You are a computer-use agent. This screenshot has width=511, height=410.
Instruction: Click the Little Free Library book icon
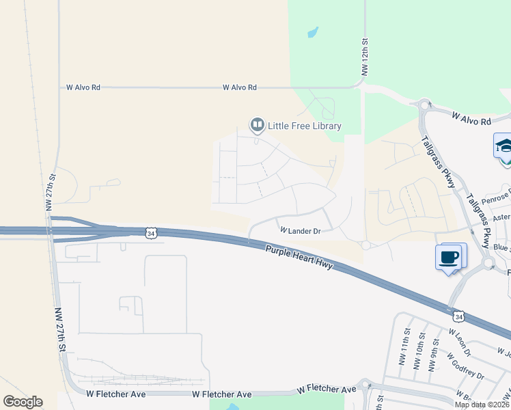257,125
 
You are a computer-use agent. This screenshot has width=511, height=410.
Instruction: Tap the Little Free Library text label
304,126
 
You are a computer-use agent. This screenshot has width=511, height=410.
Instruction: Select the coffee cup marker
449,258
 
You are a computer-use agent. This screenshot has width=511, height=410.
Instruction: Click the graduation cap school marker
504,146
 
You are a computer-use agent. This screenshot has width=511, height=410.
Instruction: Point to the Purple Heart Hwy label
299,258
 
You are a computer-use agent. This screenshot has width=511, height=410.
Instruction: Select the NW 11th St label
404,357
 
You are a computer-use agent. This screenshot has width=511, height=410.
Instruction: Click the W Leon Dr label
460,342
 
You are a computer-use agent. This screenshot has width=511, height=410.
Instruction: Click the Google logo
23,401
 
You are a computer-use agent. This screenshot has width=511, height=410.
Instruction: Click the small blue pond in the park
313,31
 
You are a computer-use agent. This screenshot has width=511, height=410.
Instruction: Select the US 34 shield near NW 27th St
150,233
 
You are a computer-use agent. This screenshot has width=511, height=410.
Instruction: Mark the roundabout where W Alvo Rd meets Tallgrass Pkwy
424,105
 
